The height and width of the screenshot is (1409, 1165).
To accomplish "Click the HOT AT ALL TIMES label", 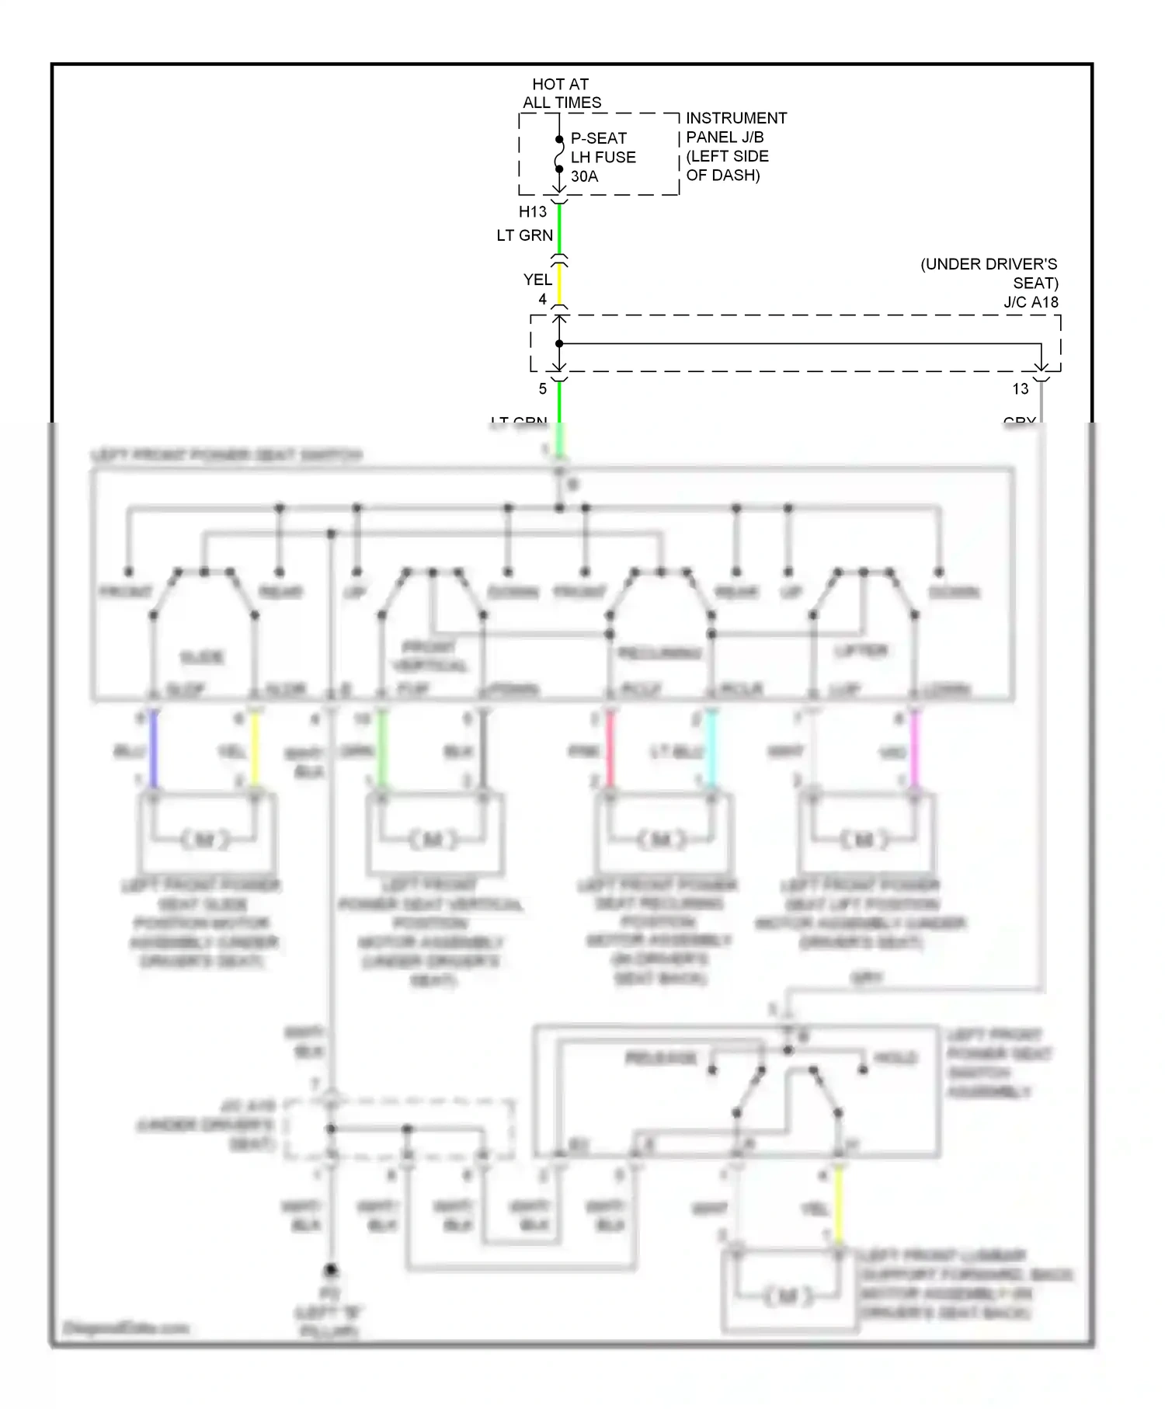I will coord(561,93).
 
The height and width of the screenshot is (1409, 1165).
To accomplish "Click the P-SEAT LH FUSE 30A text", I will coord(603,157).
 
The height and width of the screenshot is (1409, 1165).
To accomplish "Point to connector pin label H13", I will coord(533,211).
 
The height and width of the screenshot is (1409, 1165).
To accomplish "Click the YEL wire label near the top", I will coord(537,280).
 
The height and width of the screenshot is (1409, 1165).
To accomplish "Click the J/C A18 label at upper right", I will coord(1031,302).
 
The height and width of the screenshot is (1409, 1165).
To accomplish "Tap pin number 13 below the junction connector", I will coord(1020,389).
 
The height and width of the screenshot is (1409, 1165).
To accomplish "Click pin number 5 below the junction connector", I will coord(543,389).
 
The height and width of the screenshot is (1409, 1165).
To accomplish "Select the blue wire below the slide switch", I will coord(154,750).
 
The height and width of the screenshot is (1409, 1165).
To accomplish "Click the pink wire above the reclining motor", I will coord(610,750).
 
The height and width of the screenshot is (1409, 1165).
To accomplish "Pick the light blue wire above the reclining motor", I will coord(711,750).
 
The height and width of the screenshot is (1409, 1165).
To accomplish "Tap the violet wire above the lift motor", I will coord(915,750).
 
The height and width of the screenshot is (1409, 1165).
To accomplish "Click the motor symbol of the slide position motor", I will coord(205,840).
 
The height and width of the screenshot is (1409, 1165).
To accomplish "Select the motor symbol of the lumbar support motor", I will coord(788,1296).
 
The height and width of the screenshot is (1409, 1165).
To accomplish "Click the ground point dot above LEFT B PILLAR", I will coord(331,1270).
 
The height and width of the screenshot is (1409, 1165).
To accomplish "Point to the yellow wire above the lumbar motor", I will coord(839,1208).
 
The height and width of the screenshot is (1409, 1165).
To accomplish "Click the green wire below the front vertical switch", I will coord(381,750).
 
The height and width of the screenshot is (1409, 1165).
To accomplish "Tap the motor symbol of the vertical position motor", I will coord(433,840).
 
